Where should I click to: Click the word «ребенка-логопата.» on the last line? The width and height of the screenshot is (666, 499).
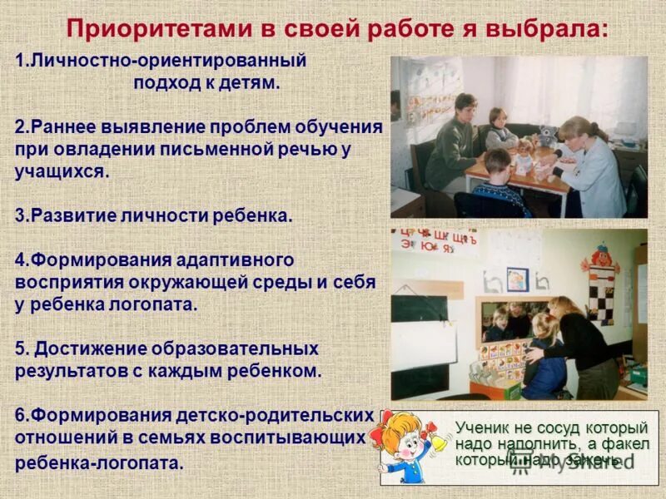pos(99,463)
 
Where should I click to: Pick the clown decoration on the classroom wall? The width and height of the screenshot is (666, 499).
pos(602,283)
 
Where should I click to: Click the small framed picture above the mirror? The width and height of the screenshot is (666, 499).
pos(517,279)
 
